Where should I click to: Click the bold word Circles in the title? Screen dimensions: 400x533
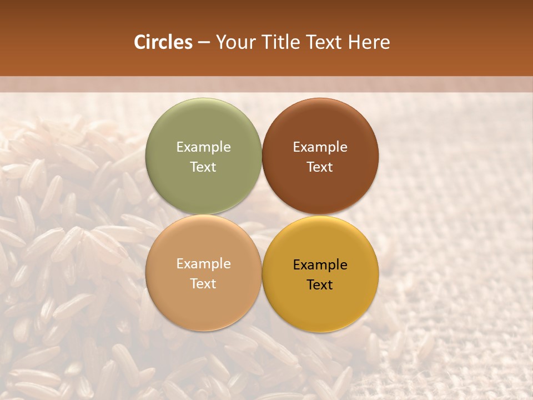[x=163, y=42]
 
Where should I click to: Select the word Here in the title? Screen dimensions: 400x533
[x=369, y=42]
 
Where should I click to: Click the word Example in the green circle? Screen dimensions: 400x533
[x=203, y=147]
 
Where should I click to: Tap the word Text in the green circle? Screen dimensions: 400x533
[x=203, y=167]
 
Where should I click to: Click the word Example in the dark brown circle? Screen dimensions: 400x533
[x=320, y=147]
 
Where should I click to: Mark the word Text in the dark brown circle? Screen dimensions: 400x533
[x=320, y=167]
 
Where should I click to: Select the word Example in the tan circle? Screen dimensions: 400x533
[x=203, y=264]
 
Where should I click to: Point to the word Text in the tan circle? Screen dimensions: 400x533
[x=203, y=283]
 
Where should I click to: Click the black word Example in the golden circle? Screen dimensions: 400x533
[x=320, y=265]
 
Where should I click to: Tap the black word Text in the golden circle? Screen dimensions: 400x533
[x=320, y=284]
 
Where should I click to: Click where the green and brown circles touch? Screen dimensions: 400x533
[x=262, y=156]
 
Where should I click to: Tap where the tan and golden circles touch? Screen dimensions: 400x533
[x=262, y=273]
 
